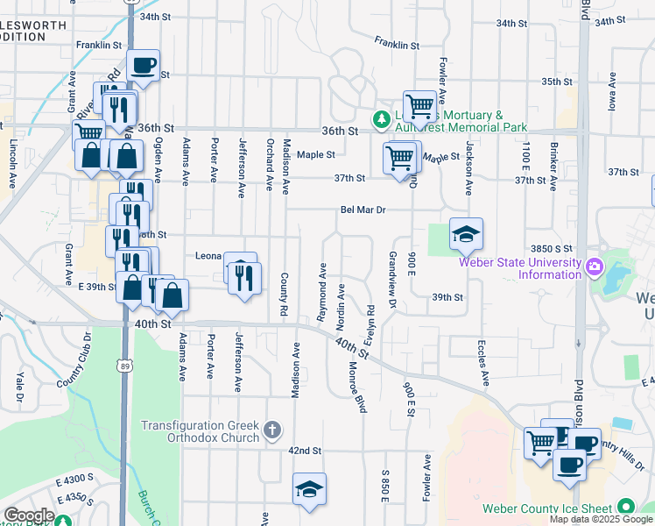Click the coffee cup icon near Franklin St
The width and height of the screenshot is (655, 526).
[144, 64]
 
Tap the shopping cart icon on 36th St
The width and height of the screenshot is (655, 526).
[419, 106]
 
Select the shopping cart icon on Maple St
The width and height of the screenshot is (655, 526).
[400, 158]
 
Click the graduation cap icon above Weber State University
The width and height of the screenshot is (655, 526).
[466, 233]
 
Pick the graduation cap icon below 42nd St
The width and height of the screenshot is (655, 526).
[309, 488]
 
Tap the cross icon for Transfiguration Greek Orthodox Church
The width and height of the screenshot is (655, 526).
[272, 430]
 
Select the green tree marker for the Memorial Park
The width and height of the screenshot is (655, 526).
[382, 118]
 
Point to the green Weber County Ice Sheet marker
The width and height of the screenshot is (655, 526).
[625, 507]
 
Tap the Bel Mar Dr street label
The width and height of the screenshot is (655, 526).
[363, 210]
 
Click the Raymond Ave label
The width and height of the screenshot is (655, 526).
[323, 281]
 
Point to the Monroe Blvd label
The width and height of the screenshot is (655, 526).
[356, 387]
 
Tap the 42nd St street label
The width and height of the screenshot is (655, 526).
[306, 450]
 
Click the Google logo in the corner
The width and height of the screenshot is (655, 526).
[28, 515]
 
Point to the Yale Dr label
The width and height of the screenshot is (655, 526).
[18, 390]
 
